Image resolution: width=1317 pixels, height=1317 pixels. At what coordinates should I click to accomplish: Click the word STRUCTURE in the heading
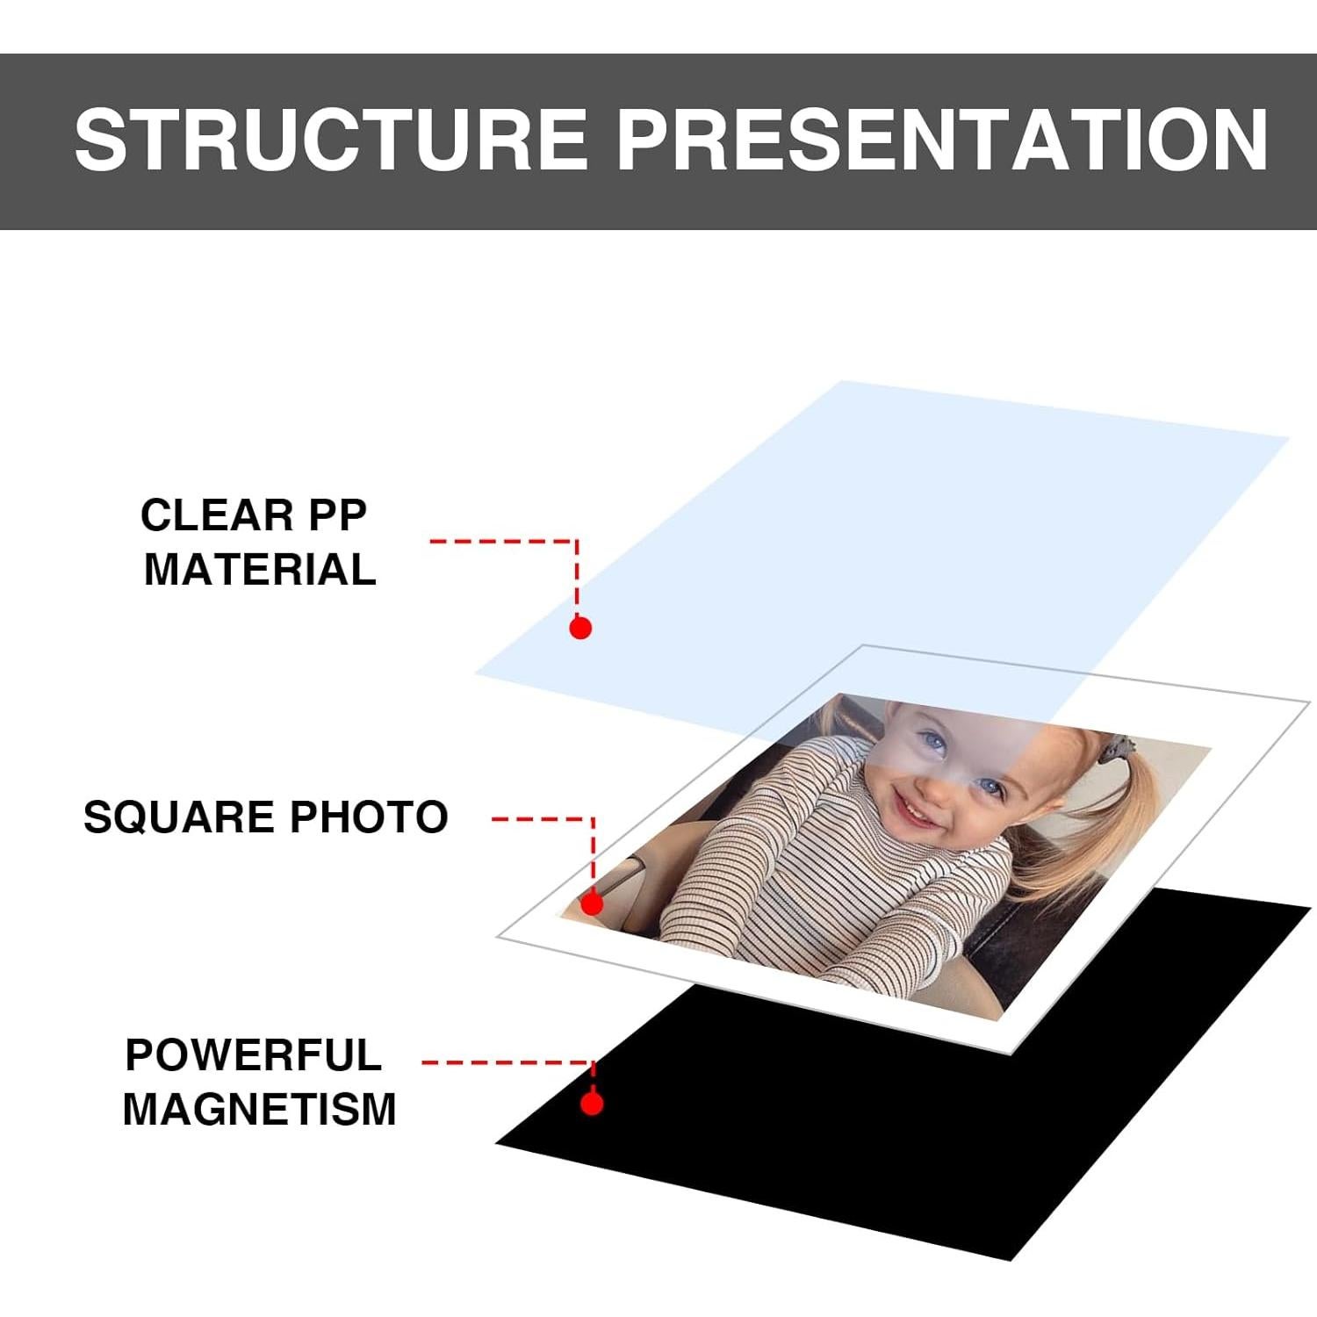click(x=331, y=140)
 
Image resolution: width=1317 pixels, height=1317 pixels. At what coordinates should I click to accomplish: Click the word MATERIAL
click(x=260, y=570)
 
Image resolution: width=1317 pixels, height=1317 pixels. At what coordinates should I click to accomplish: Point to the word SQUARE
click(x=179, y=818)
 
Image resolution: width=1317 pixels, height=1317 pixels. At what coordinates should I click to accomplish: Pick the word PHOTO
click(x=370, y=817)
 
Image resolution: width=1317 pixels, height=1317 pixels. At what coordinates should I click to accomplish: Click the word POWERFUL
click(x=254, y=1054)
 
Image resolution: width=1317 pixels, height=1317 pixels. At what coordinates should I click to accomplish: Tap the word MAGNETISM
click(x=260, y=1109)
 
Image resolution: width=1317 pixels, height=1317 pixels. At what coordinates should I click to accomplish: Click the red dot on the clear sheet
click(x=579, y=628)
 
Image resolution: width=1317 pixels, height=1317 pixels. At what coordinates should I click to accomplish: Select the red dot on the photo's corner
click(x=592, y=903)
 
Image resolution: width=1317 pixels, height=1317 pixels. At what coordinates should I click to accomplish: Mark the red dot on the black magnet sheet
click(x=592, y=1104)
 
